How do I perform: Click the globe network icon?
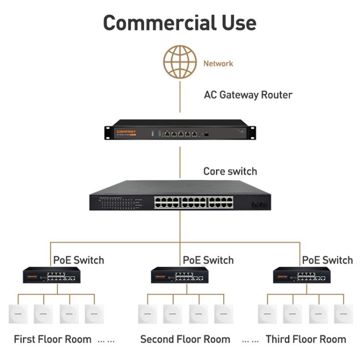pyautogui.click(x=180, y=62)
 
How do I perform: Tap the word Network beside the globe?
pyautogui.click(x=218, y=63)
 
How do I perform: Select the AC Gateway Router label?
pyautogui.click(x=248, y=95)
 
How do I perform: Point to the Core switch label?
pyautogui.click(x=230, y=171)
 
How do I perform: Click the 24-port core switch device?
pyautogui.click(x=180, y=196)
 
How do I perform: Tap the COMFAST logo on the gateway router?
pyautogui.click(x=126, y=131)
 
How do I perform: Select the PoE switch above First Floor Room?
pyautogui.click(x=52, y=276)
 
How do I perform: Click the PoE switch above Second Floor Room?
pyautogui.click(x=180, y=276)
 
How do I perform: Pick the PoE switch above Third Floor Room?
pyautogui.click(x=302, y=276)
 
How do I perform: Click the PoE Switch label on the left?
pyautogui.click(x=78, y=260)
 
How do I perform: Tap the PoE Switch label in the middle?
pyautogui.click(x=208, y=260)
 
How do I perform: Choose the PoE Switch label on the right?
pyautogui.click(x=327, y=260)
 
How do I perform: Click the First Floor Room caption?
pyautogui.click(x=52, y=339)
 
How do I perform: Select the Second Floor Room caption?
pyautogui.click(x=185, y=339)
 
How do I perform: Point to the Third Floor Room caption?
pyautogui.click(x=306, y=339)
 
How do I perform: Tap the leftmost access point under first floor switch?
pyautogui.click(x=18, y=314)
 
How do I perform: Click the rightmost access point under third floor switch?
pyautogui.click(x=344, y=314)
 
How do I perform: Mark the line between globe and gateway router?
pyautogui.click(x=180, y=98)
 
